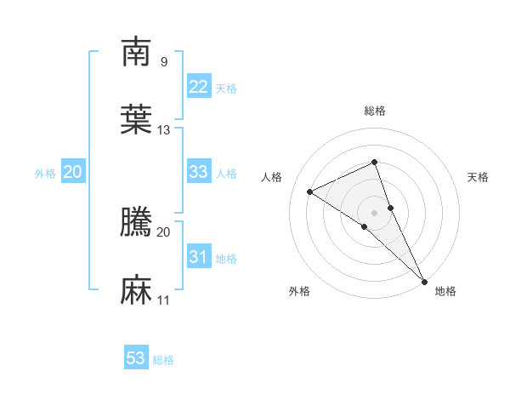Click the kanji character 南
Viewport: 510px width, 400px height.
[x=136, y=53]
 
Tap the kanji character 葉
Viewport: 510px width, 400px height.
[x=136, y=120]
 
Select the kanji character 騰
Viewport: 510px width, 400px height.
[x=136, y=222]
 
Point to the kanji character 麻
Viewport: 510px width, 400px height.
[x=136, y=290]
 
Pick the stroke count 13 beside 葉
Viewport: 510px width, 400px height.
[x=164, y=129]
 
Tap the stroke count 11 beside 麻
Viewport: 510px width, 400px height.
[x=164, y=300]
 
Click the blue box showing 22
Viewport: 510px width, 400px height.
[x=199, y=87]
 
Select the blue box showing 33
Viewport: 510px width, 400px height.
[x=199, y=172]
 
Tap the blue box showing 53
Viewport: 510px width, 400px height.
[x=136, y=358]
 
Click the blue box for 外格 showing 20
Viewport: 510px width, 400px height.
[x=73, y=172]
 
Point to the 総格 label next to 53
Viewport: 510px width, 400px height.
[x=163, y=360]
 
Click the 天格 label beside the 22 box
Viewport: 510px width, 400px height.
[x=226, y=89]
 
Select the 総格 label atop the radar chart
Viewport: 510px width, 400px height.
[x=375, y=111]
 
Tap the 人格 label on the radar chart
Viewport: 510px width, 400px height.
[x=272, y=177]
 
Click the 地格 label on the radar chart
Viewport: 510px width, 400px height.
[x=445, y=291]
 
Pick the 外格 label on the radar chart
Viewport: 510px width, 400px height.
[x=299, y=291]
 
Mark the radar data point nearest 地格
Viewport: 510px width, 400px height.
[x=424, y=280]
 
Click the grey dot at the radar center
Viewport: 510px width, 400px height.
[x=375, y=212]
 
